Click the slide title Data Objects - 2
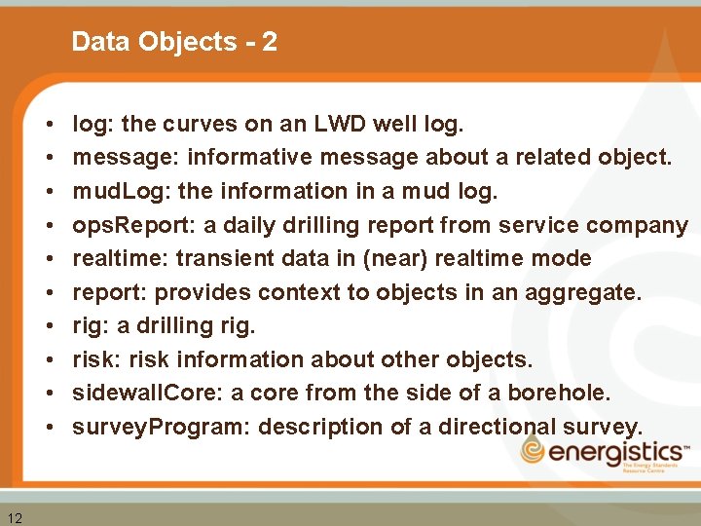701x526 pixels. tap(174, 42)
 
